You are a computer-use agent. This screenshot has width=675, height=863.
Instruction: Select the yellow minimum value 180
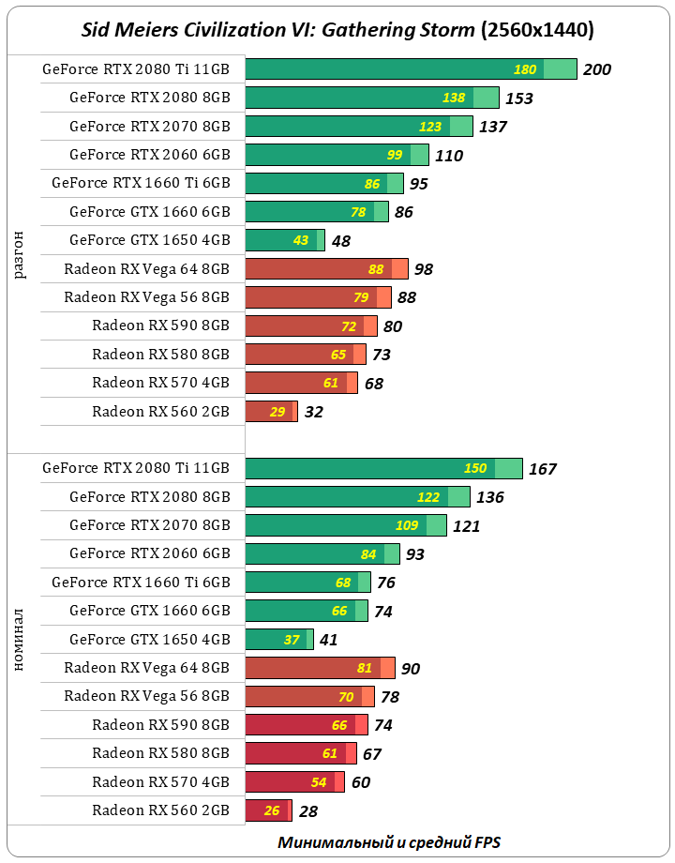click(525, 69)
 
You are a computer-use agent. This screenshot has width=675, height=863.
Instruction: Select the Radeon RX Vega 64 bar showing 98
click(325, 269)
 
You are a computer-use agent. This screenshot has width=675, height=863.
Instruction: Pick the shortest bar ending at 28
click(268, 810)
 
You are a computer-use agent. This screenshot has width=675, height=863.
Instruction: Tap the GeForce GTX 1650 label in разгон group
click(149, 240)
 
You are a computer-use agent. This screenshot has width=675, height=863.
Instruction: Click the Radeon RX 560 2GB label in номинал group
click(160, 810)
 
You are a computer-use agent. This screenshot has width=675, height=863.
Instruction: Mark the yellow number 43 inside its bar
click(301, 240)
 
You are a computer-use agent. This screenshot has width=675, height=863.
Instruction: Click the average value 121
click(466, 526)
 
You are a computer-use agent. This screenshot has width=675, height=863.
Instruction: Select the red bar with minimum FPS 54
click(294, 781)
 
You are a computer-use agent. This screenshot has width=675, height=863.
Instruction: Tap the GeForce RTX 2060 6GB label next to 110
click(149, 154)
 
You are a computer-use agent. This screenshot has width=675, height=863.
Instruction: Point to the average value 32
click(313, 412)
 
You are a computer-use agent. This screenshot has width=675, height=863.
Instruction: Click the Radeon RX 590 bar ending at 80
click(310, 326)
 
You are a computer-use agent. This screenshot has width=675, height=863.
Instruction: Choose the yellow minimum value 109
click(407, 525)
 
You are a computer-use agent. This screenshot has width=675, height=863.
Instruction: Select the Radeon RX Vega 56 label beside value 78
click(146, 696)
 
